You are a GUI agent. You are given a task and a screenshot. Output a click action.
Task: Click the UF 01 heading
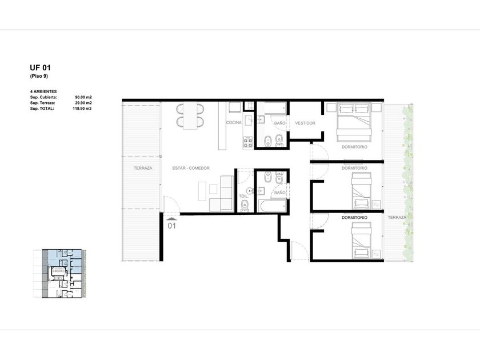[x=40, y=67]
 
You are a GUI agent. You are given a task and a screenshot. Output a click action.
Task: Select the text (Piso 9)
[x=39, y=76]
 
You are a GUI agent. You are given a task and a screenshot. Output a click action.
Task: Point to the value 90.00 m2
[x=83, y=97]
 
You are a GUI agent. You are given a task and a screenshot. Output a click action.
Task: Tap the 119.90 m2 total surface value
[x=82, y=109]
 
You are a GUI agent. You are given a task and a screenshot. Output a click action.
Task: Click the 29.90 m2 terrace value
[x=83, y=103]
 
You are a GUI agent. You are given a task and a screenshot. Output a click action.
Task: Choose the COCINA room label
[x=234, y=122]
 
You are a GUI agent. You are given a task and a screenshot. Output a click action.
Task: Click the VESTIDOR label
[x=305, y=123]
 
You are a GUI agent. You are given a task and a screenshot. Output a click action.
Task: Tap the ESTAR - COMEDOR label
[x=191, y=168]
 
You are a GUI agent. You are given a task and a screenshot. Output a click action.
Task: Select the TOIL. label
[x=243, y=196]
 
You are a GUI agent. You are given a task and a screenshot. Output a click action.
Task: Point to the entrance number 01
[x=172, y=226]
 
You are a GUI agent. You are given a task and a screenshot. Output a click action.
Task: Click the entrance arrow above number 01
[x=172, y=219]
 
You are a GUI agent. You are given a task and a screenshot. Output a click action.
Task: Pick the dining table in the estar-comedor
[x=190, y=115]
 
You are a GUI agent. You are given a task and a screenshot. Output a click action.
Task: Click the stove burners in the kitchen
[x=248, y=142]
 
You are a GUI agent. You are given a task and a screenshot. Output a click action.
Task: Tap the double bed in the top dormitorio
[x=354, y=122]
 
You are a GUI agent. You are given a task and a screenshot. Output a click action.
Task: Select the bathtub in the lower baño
[x=273, y=206]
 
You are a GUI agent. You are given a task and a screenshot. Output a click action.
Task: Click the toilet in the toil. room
[x=245, y=206]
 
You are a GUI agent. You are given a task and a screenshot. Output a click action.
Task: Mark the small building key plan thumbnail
[x=59, y=273]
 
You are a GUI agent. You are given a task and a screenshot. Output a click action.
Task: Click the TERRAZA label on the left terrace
[x=143, y=168]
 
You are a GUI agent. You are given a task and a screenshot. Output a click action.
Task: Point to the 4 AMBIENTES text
[x=43, y=91]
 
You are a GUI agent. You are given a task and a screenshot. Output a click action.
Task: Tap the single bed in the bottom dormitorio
[x=361, y=241]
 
